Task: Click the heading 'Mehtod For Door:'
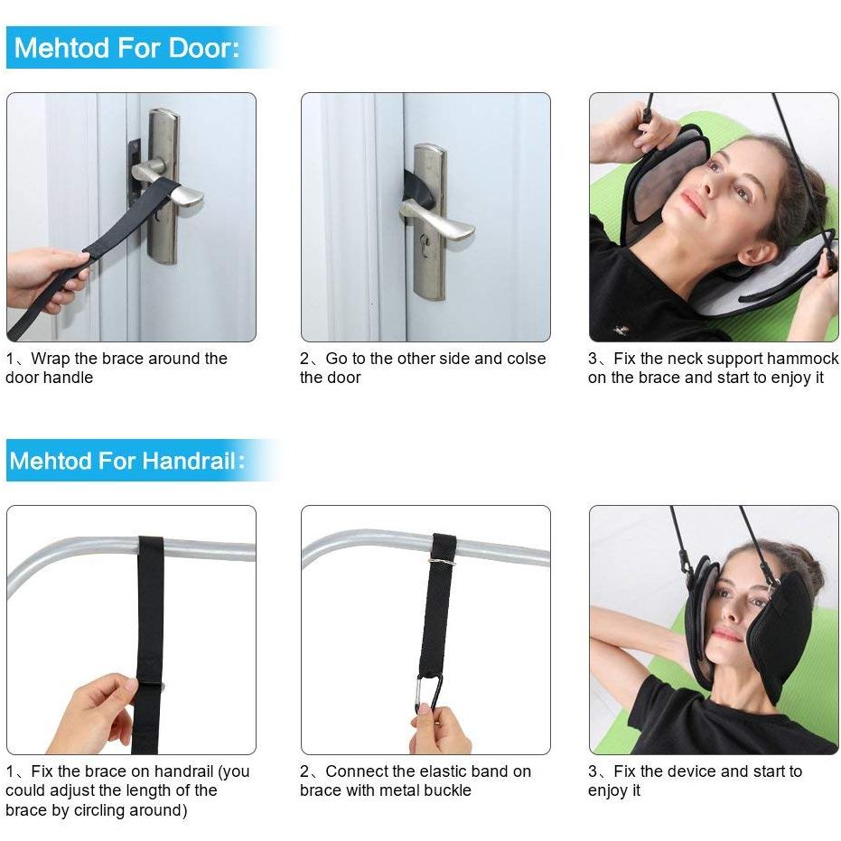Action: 127,48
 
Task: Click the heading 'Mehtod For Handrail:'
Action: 127,461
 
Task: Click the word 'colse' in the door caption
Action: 525,359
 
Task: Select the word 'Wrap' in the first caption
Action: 51,359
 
